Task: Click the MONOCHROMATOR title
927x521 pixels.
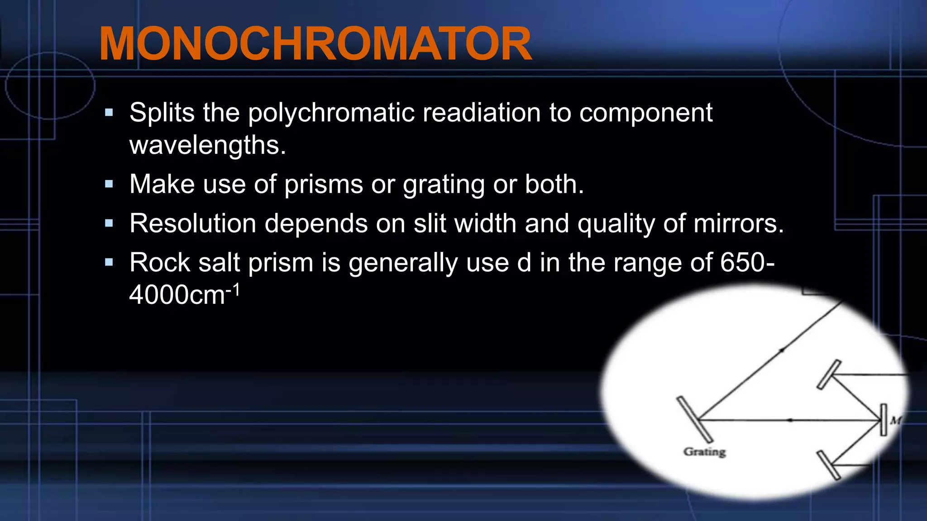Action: [315, 44]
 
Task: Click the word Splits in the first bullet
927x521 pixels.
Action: [162, 113]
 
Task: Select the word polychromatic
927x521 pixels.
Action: [331, 113]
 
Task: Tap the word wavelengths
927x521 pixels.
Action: [208, 145]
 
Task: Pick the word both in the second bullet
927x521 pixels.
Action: [554, 185]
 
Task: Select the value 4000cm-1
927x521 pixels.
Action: [184, 295]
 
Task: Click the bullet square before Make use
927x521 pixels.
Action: [109, 184]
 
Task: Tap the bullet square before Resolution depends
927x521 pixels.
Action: [109, 223]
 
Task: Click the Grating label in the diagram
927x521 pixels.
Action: [704, 451]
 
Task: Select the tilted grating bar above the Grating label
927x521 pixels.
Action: [694, 419]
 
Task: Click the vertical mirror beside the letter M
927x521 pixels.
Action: [883, 420]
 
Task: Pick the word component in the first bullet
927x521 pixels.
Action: [646, 113]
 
